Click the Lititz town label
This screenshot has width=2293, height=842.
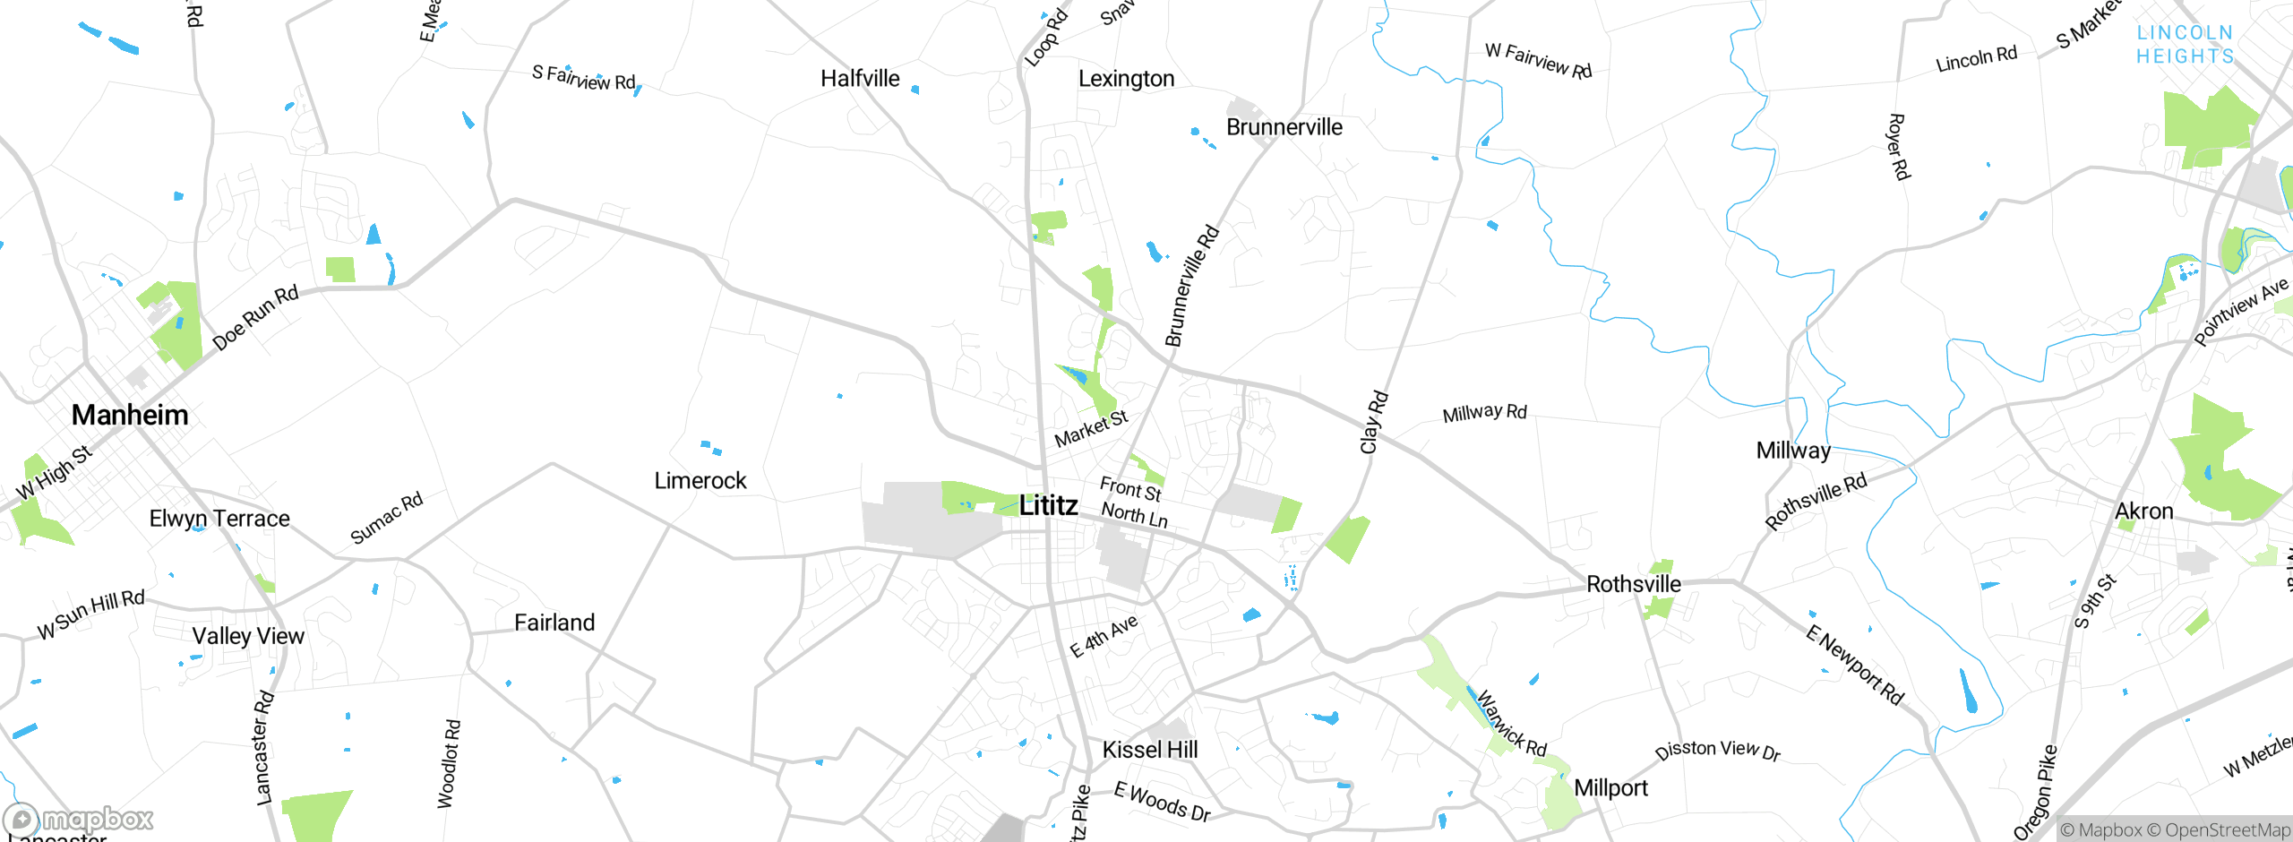tap(1048, 505)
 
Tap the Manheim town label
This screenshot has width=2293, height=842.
tap(130, 415)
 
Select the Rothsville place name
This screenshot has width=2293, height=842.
tap(1634, 584)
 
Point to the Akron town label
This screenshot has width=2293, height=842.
tap(2143, 511)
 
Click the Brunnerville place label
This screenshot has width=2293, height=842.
tap(1284, 127)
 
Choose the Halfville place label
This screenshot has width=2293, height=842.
tap(860, 79)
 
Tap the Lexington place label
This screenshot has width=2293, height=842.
tap(1126, 79)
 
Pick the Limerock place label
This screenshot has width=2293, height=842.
tap(700, 481)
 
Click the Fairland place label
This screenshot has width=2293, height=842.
tap(554, 623)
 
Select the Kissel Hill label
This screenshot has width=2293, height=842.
tap(1149, 750)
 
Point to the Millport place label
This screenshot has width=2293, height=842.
tap(1610, 788)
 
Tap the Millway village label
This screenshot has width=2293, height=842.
tap(1793, 451)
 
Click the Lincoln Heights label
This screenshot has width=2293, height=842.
tap(2185, 45)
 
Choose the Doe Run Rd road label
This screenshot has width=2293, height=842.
tap(255, 318)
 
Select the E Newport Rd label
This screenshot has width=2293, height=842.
tap(1854, 666)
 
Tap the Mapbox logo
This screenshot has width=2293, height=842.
tap(79, 820)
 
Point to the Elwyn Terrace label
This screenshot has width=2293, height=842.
tap(219, 519)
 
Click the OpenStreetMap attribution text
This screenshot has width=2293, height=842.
tap(2227, 830)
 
